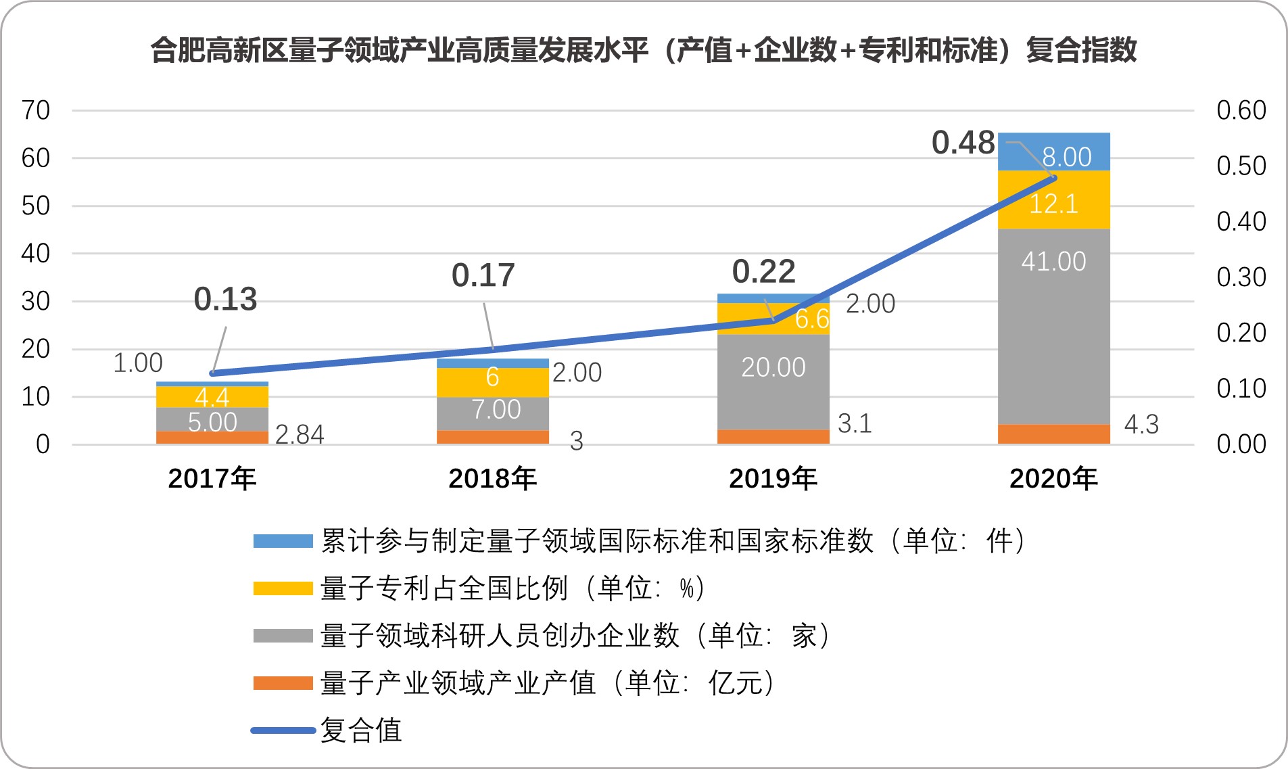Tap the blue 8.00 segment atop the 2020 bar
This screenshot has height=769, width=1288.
tap(1053, 152)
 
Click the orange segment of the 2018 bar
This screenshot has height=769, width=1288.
tap(492, 437)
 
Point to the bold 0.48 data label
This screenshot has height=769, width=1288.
tap(963, 143)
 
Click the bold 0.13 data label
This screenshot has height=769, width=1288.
tap(225, 299)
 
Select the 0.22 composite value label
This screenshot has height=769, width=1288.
tap(763, 272)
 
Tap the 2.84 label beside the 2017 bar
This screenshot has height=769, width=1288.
tap(300, 434)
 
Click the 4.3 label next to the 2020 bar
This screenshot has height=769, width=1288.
tap(1141, 425)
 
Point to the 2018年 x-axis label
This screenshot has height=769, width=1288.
tap(492, 479)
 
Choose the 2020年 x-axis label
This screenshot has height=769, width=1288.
tap(1053, 479)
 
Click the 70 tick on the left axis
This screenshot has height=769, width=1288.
tap(36, 110)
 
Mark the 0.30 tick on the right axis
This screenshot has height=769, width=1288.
tap(1241, 277)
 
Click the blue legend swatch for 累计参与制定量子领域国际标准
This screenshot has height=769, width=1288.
tap(283, 541)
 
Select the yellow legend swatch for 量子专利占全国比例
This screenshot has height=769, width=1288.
tap(283, 588)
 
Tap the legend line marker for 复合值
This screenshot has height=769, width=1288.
tap(283, 730)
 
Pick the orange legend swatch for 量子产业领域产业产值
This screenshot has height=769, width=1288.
tap(283, 683)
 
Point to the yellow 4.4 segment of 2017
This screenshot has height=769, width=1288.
tap(212, 397)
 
